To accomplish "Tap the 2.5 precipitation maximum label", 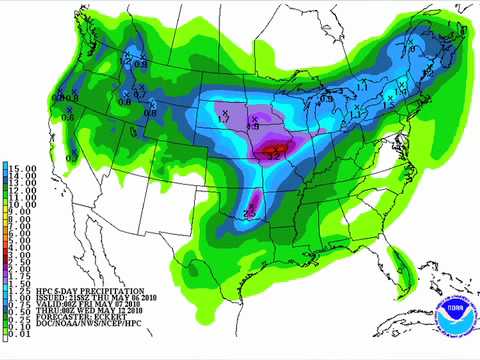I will [x=251, y=211].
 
